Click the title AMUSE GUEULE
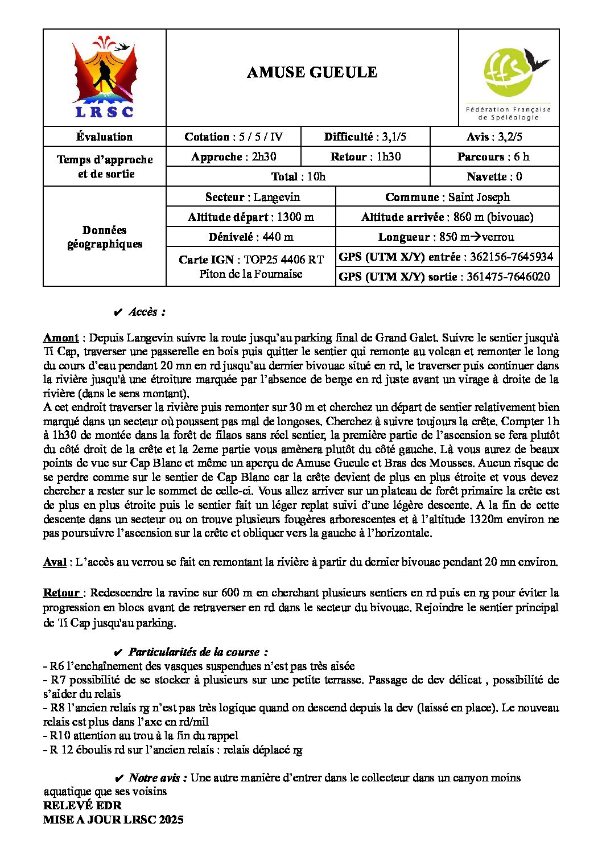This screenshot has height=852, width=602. tap(312, 72)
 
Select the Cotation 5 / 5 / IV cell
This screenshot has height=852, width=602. tap(233, 137)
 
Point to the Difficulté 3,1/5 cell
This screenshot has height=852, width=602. tap(365, 137)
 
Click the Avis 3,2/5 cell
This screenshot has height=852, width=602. tap(494, 137)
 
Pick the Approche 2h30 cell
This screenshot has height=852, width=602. tap(233, 157)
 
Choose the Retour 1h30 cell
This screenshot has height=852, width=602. tap(365, 157)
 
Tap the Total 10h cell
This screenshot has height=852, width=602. tap(298, 176)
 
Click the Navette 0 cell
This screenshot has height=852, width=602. tap(494, 176)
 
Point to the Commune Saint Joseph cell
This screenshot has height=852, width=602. tap(447, 197)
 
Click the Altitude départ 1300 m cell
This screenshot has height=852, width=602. tap(250, 217)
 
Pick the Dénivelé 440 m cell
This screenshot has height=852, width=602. tap(250, 237)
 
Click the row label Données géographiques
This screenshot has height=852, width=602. tap(105, 237)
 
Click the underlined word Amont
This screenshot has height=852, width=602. tap(61, 337)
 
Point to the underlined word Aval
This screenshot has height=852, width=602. tap(55, 562)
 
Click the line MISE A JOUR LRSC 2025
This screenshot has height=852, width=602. tap(113, 820)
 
